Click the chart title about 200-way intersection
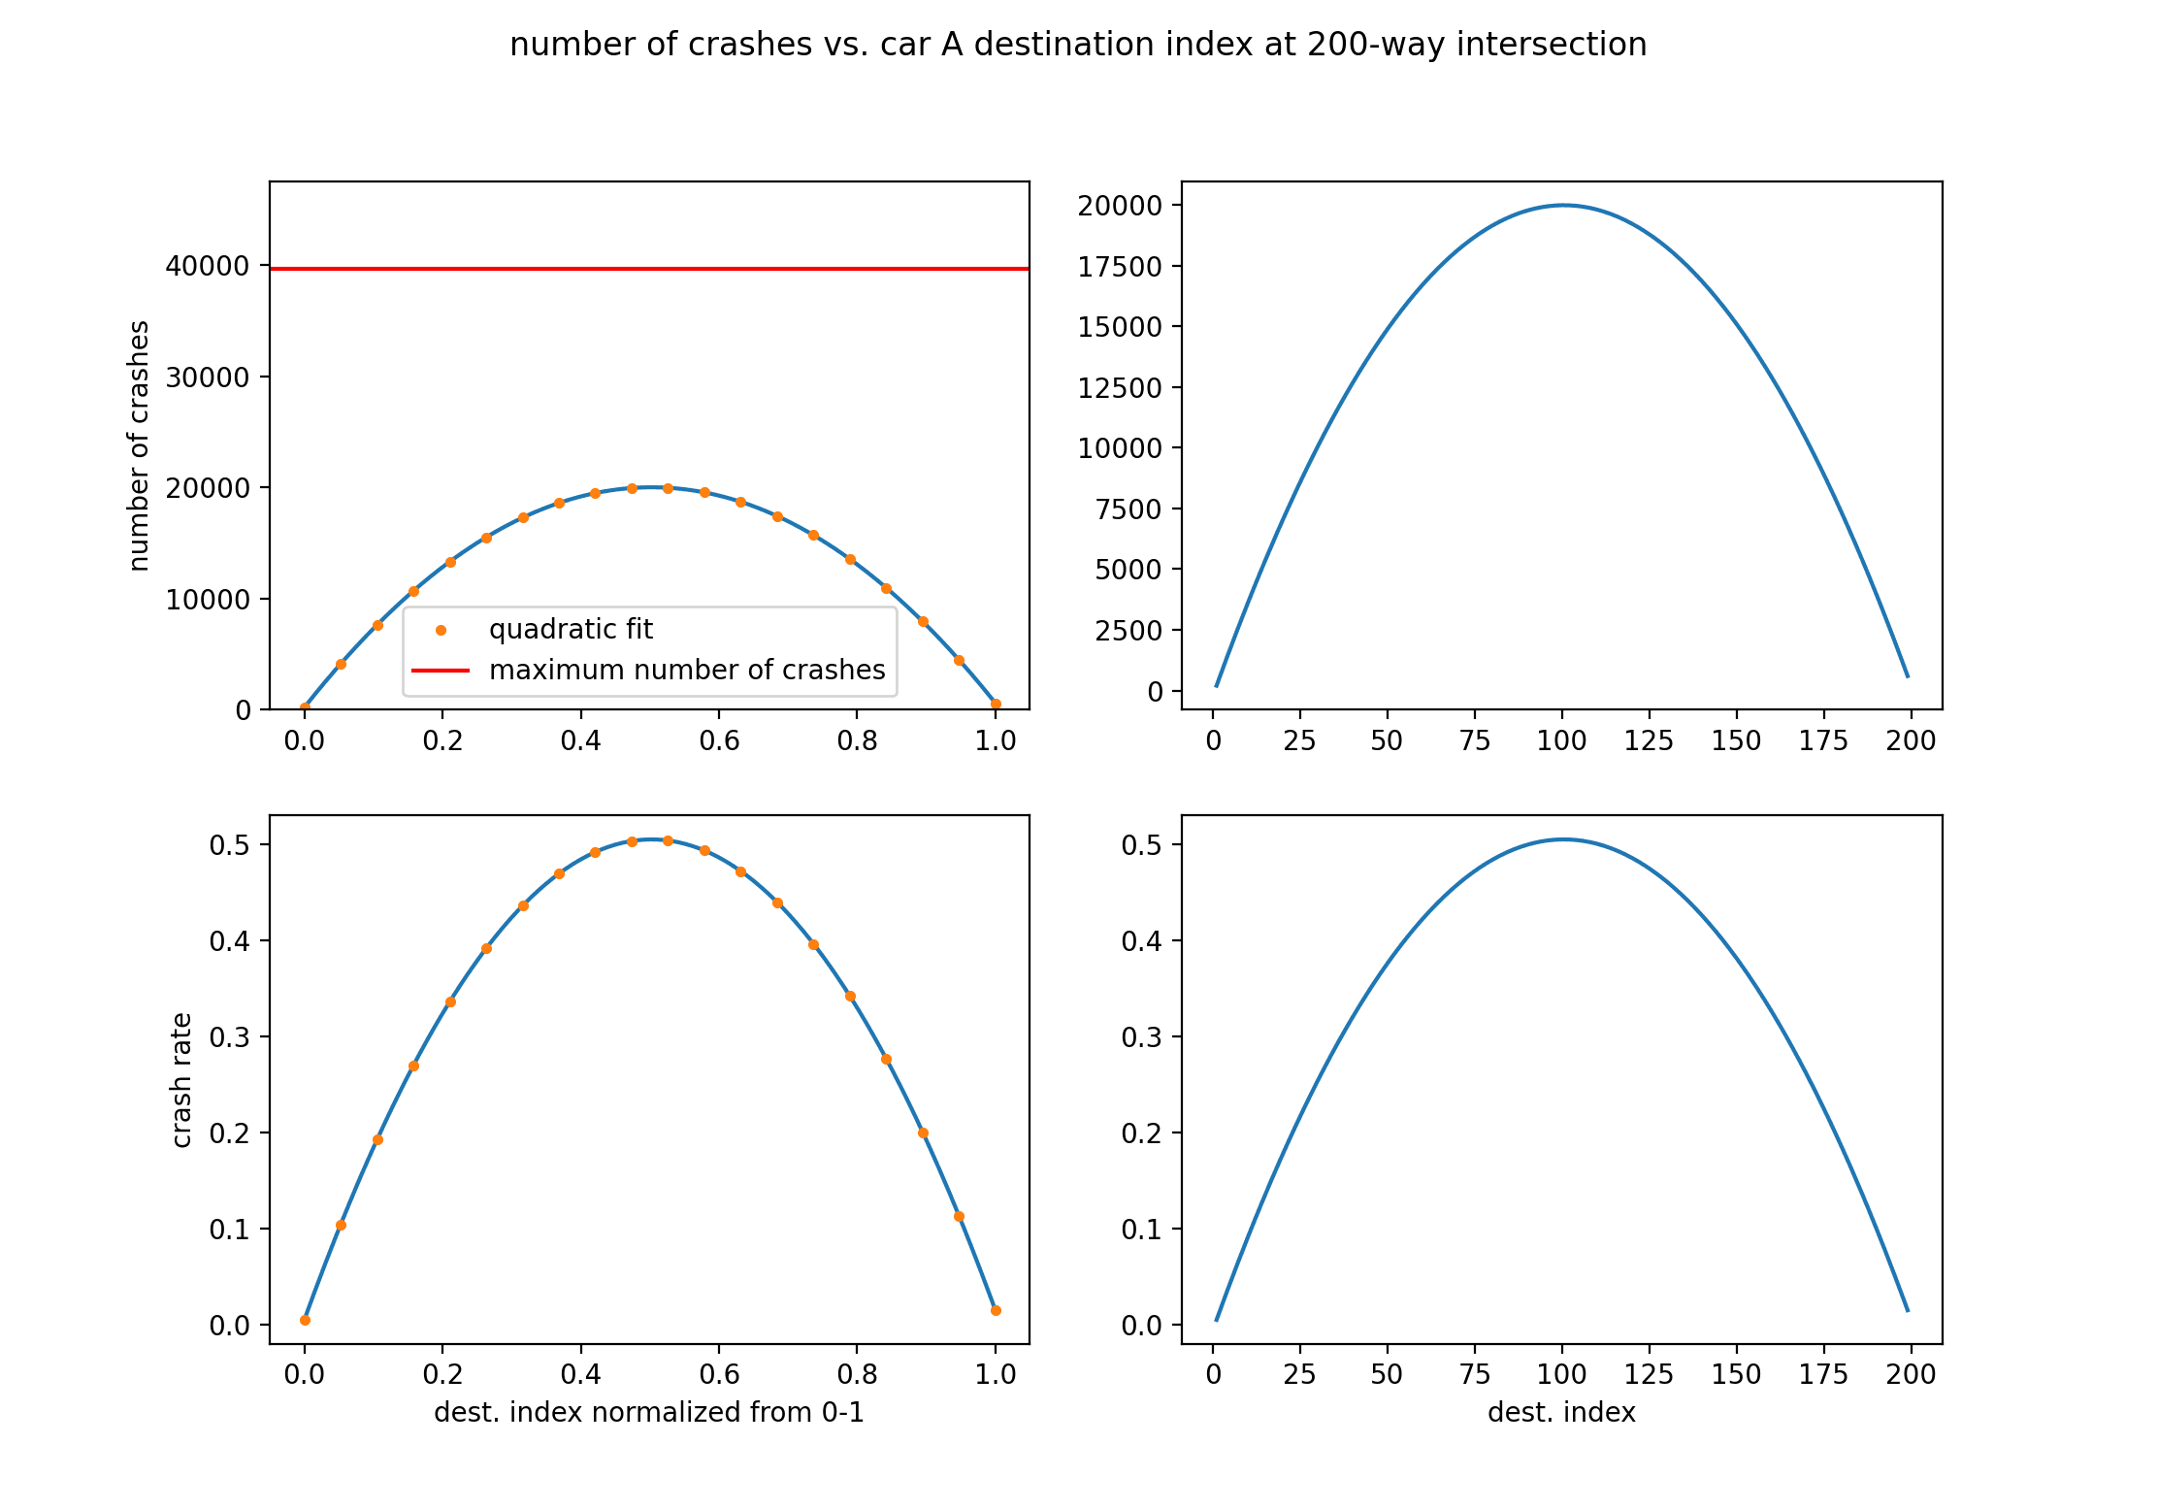(x=1078, y=45)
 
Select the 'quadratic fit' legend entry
(x=571, y=630)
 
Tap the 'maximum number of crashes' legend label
(x=687, y=671)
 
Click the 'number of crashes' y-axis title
(x=140, y=445)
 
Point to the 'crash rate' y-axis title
(x=181, y=1080)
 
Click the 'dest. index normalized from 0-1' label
(x=648, y=1412)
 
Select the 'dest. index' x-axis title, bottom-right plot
(x=1561, y=1412)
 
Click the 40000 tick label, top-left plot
(x=208, y=266)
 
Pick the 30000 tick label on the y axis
(x=208, y=377)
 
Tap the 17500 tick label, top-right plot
(x=1120, y=267)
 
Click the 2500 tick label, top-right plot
(x=1128, y=631)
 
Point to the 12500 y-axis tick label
(x=1120, y=388)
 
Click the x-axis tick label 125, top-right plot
(x=1649, y=741)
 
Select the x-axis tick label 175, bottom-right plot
(x=1823, y=1375)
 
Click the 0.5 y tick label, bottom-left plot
(x=229, y=845)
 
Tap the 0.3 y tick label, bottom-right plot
(x=1141, y=1037)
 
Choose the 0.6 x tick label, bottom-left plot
(x=719, y=1375)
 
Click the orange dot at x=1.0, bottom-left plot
(x=996, y=1311)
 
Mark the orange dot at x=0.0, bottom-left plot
(x=305, y=1321)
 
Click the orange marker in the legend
(x=441, y=631)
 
